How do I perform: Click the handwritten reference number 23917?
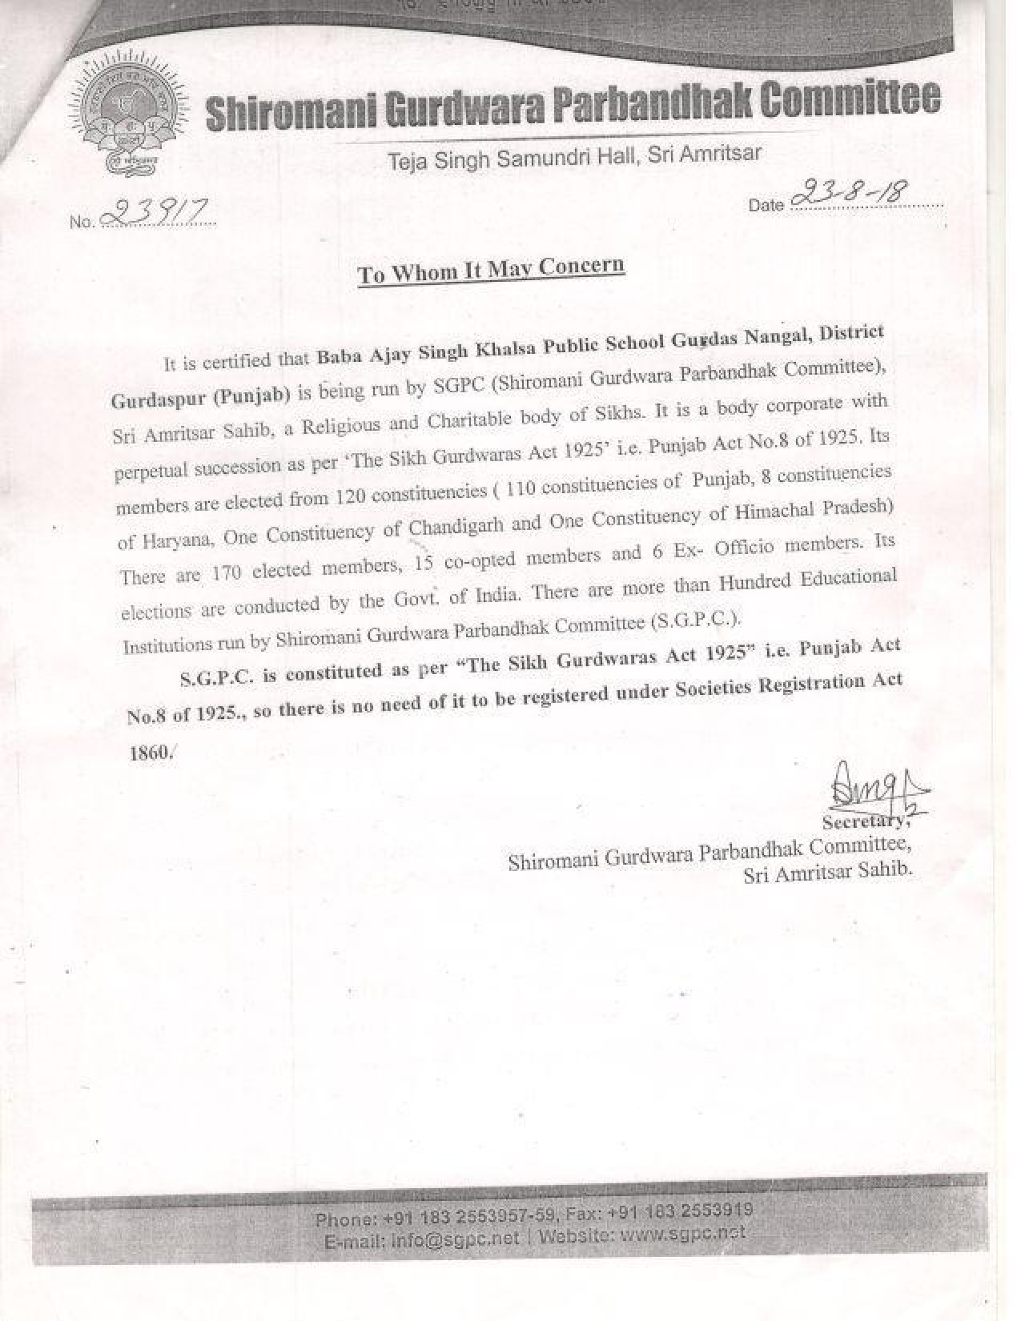pyautogui.click(x=158, y=211)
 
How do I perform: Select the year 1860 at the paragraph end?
pyautogui.click(x=149, y=753)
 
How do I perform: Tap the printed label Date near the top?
pyautogui.click(x=766, y=205)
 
